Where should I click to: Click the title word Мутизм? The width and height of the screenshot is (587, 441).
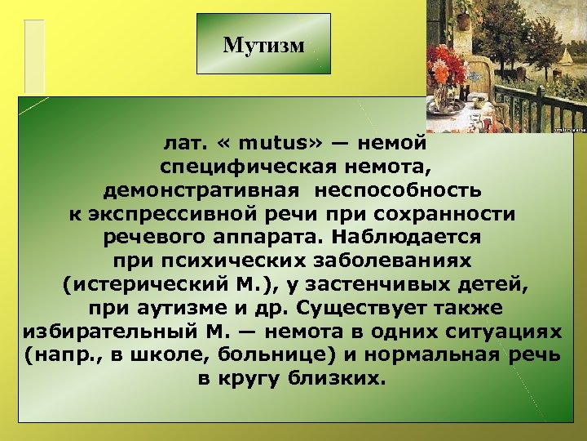pyautogui.click(x=263, y=45)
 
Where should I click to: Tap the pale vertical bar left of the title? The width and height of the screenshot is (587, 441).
pyautogui.click(x=34, y=56)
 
